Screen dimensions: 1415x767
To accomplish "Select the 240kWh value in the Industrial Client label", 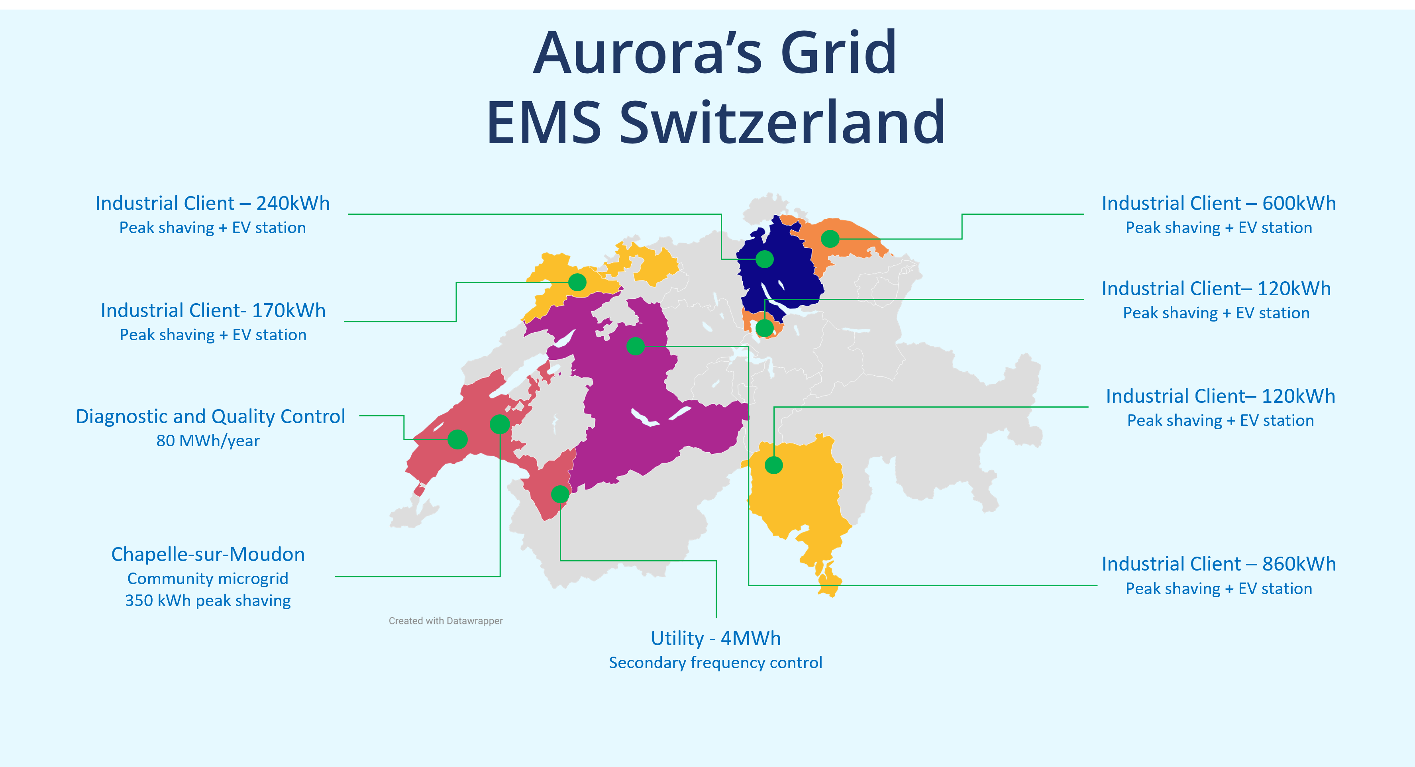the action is point(293,203).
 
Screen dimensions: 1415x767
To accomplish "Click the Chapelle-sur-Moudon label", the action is point(208,554).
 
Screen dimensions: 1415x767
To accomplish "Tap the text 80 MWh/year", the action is point(208,441).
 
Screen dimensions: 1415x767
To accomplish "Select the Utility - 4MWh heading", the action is point(715,638).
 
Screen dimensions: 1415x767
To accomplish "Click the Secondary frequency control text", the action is point(715,663).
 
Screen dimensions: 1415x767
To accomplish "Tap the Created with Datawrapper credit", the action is point(445,621).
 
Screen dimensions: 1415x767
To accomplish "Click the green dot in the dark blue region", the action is point(765,259).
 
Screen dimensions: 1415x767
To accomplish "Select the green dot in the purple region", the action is point(636,346).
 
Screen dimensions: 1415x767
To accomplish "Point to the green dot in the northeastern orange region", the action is point(830,239).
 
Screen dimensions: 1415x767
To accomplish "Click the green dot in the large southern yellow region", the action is point(773,465).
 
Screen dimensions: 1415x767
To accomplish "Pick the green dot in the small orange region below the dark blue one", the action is point(765,328).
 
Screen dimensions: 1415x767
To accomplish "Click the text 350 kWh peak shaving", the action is point(208,600).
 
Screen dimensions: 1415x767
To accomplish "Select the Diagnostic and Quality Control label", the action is point(210,416).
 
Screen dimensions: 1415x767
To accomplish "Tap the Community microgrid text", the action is point(208,579).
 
